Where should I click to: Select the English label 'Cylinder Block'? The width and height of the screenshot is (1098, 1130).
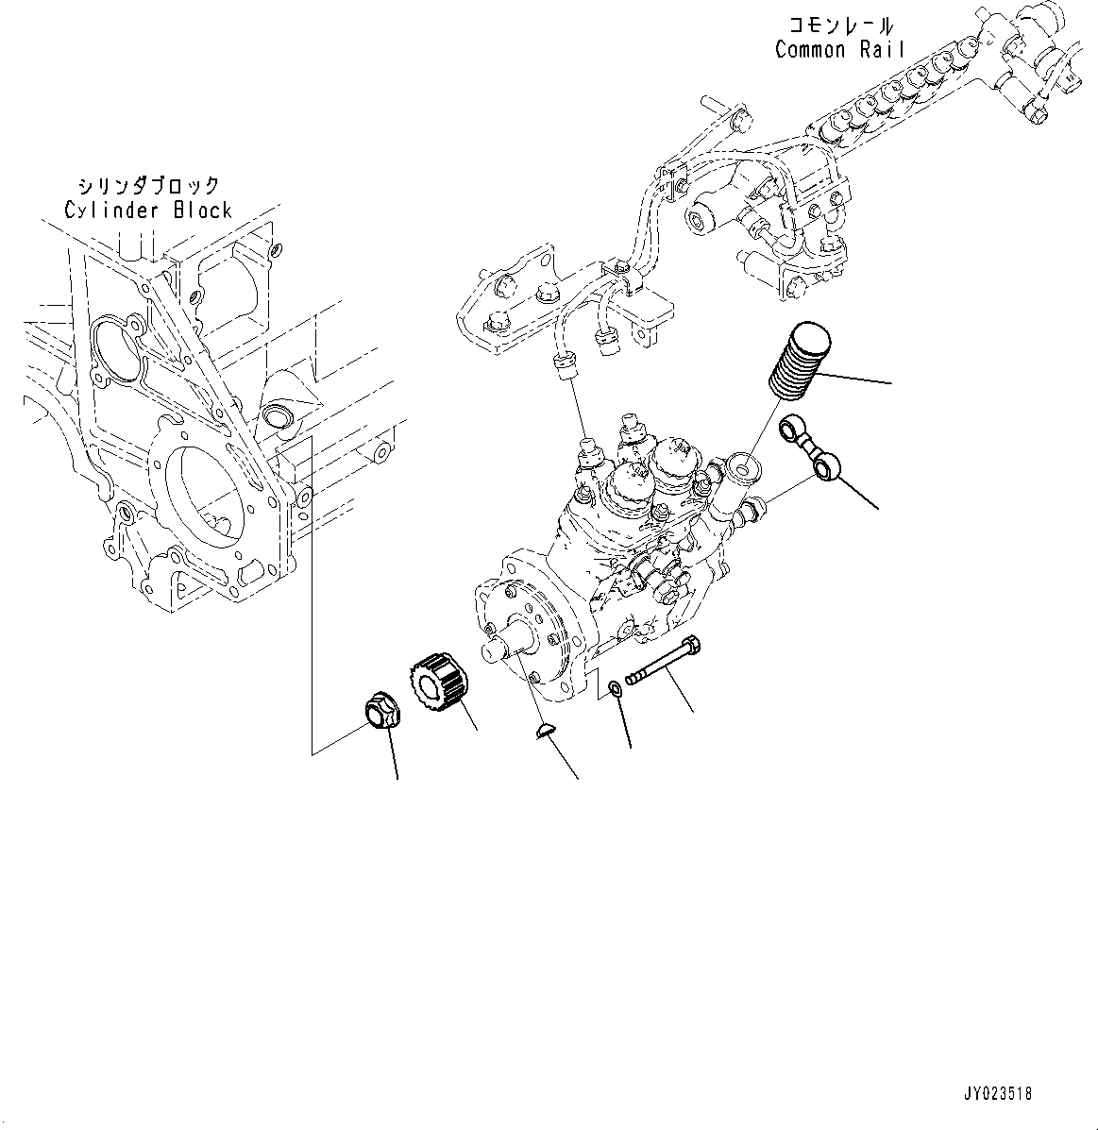[x=148, y=210]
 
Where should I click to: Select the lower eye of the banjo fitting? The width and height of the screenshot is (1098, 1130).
[x=827, y=464]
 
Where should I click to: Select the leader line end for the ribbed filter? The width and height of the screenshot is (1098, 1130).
[x=888, y=383]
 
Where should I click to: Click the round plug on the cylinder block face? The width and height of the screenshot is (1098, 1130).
[x=278, y=414]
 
